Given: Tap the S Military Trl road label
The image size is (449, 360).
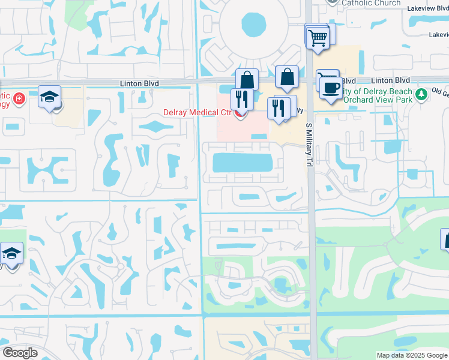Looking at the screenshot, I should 310,149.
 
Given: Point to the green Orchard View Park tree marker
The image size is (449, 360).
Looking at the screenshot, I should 421,94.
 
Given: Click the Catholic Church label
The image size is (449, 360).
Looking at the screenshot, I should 371,3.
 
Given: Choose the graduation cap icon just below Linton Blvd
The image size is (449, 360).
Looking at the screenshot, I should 50,97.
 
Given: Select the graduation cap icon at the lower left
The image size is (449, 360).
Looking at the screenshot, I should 11,254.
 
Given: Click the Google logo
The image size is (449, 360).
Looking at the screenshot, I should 20,353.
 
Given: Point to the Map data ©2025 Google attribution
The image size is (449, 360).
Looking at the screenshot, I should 411,355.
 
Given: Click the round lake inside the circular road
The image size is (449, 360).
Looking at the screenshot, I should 254,25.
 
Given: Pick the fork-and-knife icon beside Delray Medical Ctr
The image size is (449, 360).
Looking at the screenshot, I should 242,100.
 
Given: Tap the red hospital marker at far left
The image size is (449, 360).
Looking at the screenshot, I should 19,98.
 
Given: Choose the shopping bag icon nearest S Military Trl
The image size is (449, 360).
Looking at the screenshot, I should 288,77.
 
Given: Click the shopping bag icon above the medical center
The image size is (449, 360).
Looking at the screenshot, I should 247,79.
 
